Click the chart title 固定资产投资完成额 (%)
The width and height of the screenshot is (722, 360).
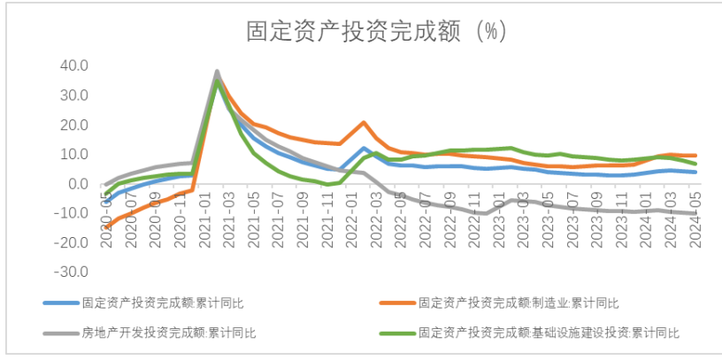click(x=374, y=31)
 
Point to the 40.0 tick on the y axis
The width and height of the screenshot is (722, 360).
click(x=74, y=65)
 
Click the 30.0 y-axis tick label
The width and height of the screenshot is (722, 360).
click(x=74, y=95)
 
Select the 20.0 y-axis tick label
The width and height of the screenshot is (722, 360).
click(x=74, y=125)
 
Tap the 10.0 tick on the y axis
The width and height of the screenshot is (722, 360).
click(x=74, y=154)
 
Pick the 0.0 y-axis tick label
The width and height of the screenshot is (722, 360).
click(x=78, y=184)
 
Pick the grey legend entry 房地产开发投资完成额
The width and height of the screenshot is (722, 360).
click(x=169, y=333)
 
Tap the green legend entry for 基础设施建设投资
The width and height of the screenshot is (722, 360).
click(x=549, y=333)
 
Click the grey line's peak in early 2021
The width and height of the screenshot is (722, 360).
click(x=217, y=72)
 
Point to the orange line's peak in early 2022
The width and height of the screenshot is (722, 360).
click(x=364, y=123)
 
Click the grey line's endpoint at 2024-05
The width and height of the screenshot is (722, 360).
click(x=695, y=213)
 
